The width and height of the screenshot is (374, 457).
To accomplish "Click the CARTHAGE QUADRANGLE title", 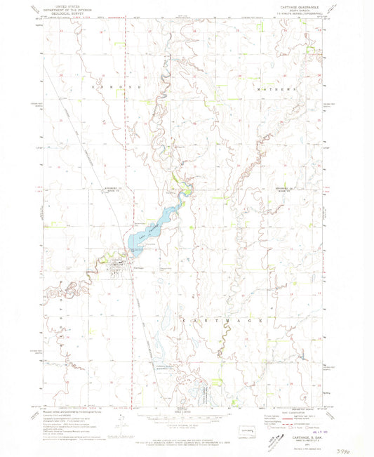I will (x=293, y=8).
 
